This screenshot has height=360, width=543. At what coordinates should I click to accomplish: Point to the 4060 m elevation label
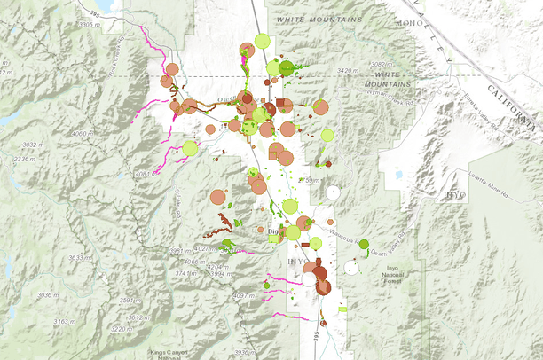click(82, 134)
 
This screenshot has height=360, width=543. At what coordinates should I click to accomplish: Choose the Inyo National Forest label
click(392, 275)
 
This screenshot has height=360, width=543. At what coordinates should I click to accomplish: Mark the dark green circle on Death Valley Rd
click(364, 244)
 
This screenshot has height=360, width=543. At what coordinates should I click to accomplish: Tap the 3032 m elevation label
click(33, 144)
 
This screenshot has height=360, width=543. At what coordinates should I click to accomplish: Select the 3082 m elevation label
click(380, 65)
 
